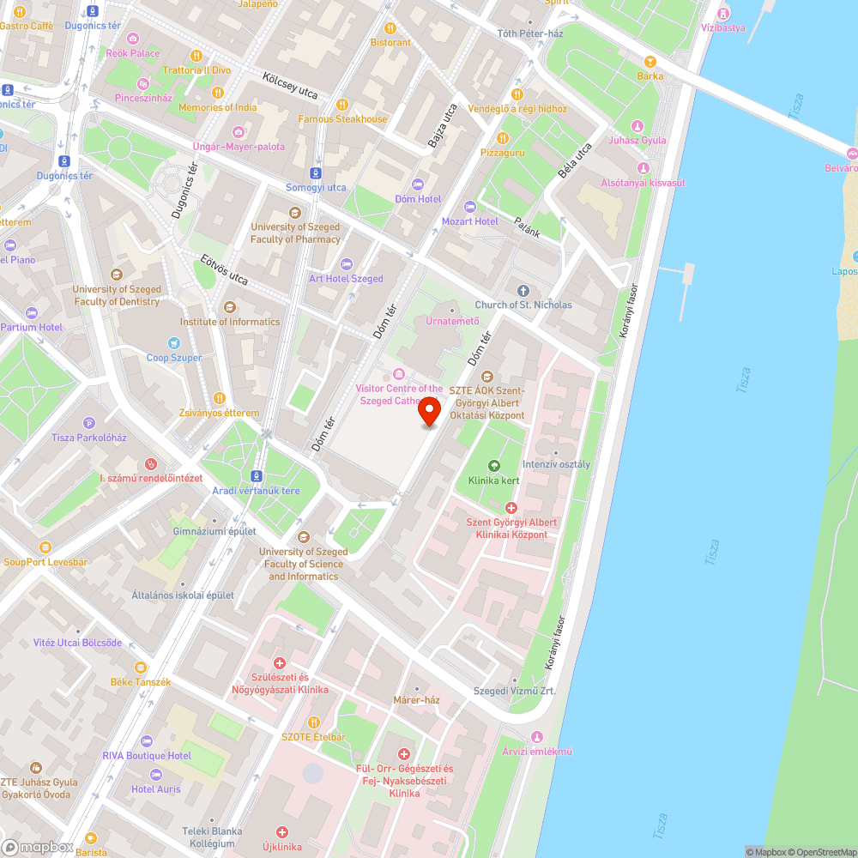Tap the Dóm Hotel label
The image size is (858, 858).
pyautogui.click(x=418, y=199)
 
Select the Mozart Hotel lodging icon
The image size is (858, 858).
pyautogui.click(x=469, y=206)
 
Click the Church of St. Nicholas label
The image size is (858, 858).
pyautogui.click(x=523, y=305)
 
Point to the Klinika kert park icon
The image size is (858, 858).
pyautogui.click(x=493, y=466)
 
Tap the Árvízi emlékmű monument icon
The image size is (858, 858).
pyautogui.click(x=537, y=737)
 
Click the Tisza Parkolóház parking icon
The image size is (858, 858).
pyautogui.click(x=89, y=423)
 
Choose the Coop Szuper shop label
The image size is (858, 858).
pyautogui.click(x=174, y=358)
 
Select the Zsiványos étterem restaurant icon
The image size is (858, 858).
pyautogui.click(x=219, y=398)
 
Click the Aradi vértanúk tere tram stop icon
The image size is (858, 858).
pyautogui.click(x=257, y=475)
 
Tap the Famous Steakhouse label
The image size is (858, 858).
pyautogui.click(x=342, y=119)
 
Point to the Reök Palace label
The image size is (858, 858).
pyautogui.click(x=133, y=53)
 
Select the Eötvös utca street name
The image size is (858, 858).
pyautogui.click(x=224, y=268)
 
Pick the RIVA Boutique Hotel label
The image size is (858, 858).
pyautogui.click(x=146, y=755)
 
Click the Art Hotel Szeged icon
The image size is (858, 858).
pyautogui.click(x=346, y=263)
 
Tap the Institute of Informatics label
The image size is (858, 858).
pyautogui.click(x=229, y=322)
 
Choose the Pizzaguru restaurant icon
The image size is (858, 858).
pyautogui.click(x=503, y=138)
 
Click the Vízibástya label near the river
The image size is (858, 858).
pyautogui.click(x=722, y=27)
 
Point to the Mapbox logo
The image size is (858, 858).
pyautogui.click(x=38, y=846)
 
